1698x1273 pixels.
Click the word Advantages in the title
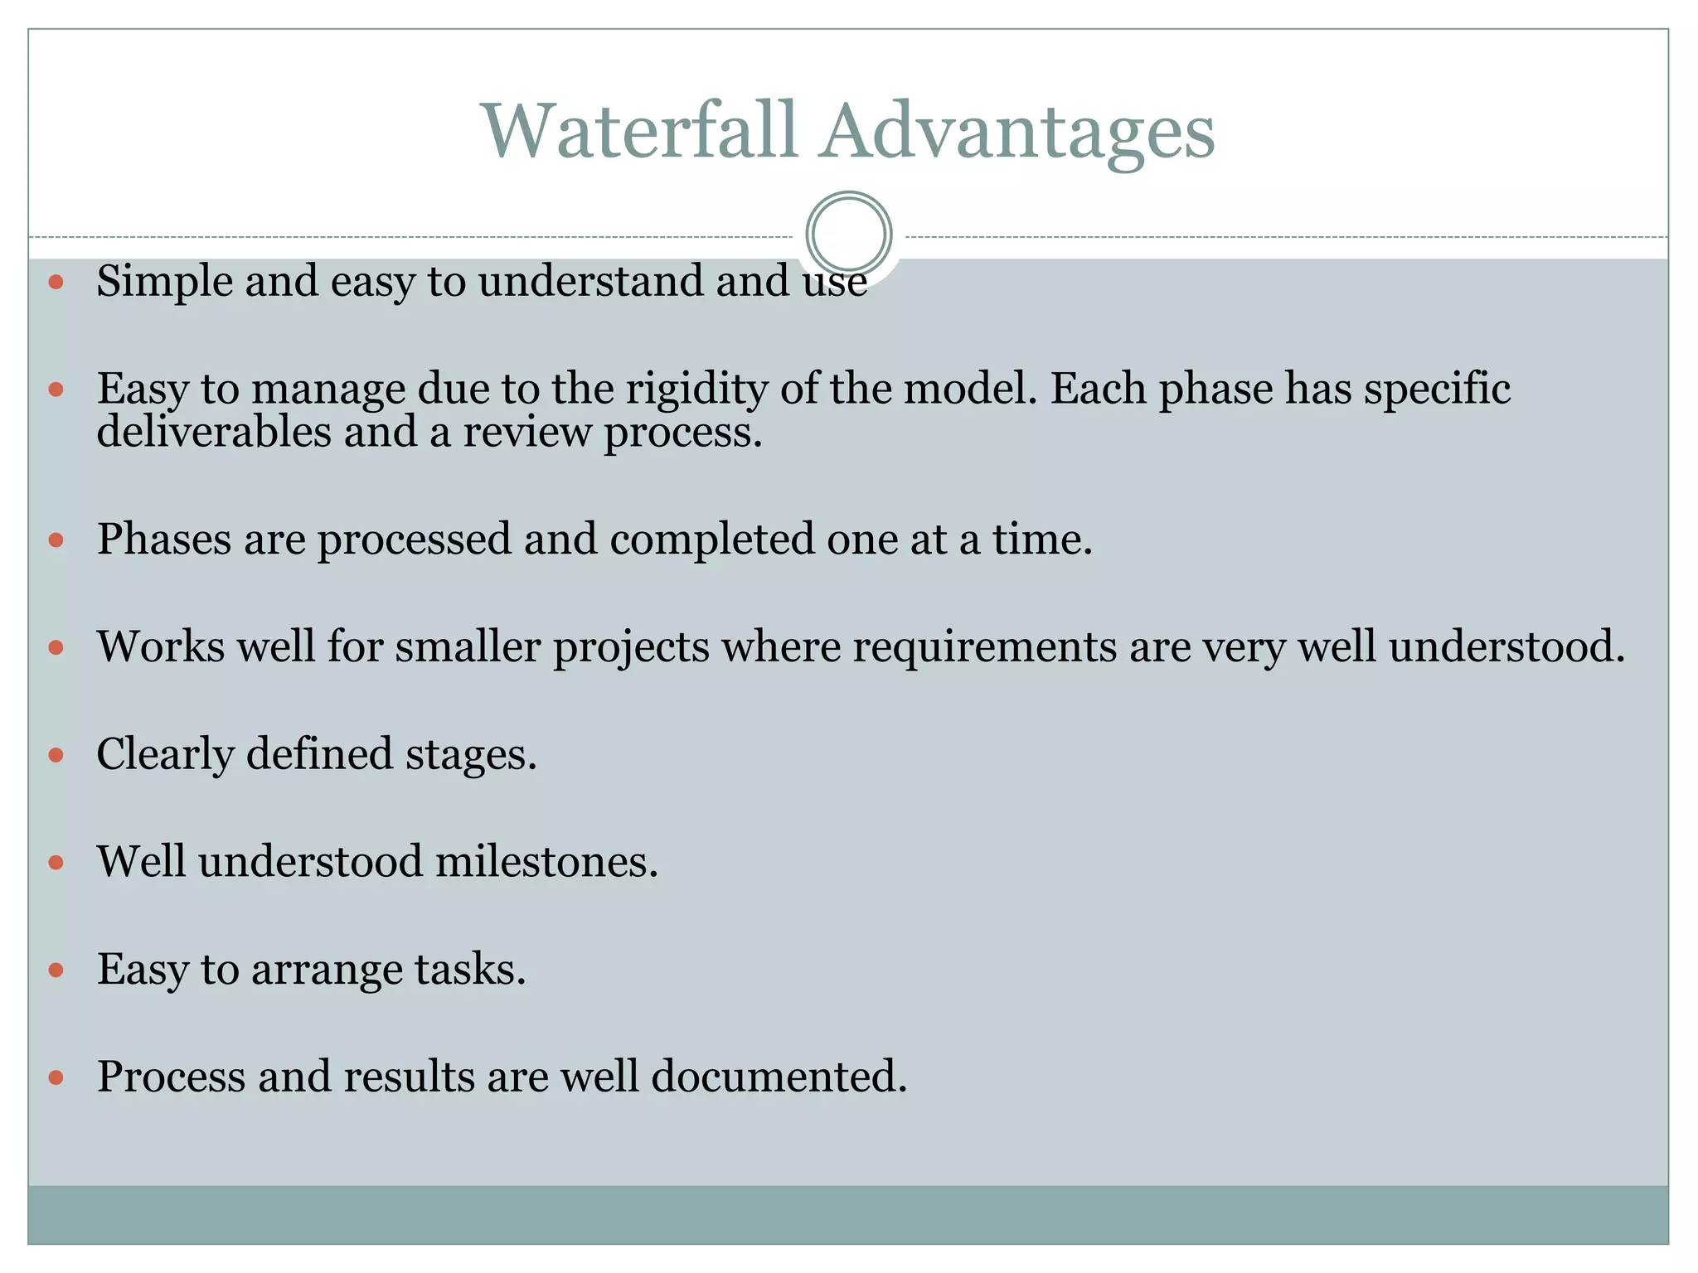(x=1017, y=133)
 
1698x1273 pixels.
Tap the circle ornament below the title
(x=848, y=234)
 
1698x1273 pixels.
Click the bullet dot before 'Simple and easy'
(x=56, y=283)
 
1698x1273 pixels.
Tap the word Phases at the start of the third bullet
(x=164, y=540)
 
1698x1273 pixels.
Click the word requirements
(x=984, y=646)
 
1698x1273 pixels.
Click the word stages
(x=471, y=755)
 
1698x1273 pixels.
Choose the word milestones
(x=546, y=862)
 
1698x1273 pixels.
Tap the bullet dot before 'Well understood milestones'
(x=56, y=863)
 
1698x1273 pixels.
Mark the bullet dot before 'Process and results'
(x=56, y=1077)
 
